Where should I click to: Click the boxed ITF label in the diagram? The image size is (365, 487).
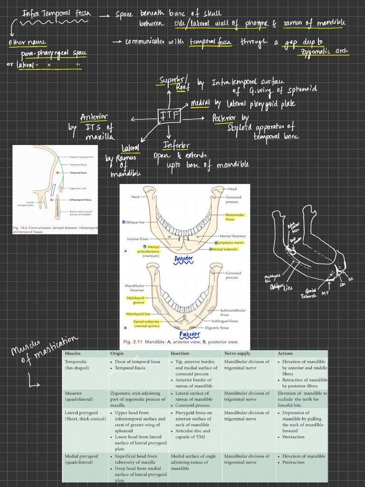[x=169, y=116]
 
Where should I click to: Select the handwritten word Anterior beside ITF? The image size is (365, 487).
[x=94, y=117]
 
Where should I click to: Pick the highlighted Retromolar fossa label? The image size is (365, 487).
[x=235, y=217]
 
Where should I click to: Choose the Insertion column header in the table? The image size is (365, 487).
[x=180, y=353]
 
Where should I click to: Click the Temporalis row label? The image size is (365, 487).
[x=76, y=361]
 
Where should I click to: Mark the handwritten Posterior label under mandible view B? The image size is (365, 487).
[x=190, y=335]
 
